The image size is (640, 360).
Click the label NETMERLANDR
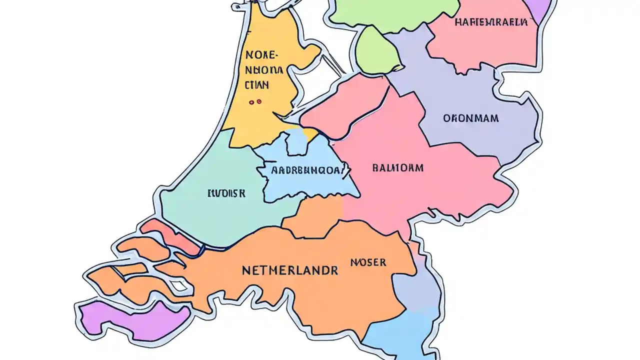point(290,270)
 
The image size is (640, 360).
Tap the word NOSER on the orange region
point(368,262)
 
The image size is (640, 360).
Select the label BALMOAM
point(398,168)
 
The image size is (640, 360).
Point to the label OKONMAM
point(471,118)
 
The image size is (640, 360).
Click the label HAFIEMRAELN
point(491,22)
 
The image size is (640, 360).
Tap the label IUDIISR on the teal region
point(226,193)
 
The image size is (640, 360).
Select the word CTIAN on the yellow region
point(257,85)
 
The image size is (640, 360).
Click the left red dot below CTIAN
point(251,101)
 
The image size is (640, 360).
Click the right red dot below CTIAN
point(259,101)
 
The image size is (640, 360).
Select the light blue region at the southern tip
point(405,335)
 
